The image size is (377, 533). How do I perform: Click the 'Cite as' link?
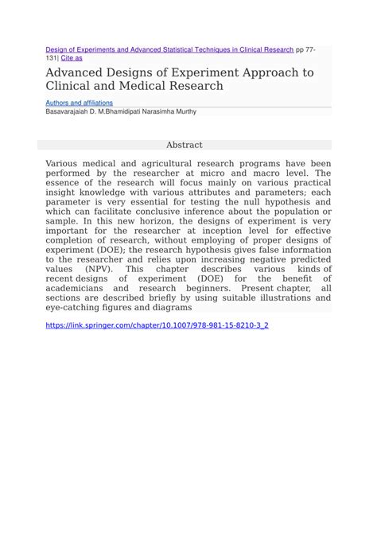[x=71, y=57]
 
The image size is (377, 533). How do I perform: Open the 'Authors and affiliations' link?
[x=80, y=103]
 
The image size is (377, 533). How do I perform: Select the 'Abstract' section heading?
[x=184, y=145]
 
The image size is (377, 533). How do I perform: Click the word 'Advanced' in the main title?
[x=77, y=72]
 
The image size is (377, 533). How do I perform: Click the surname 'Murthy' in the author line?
[x=183, y=112]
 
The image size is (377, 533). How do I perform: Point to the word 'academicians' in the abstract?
[x=80, y=288]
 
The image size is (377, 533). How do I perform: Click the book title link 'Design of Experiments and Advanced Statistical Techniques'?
[x=169, y=49]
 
